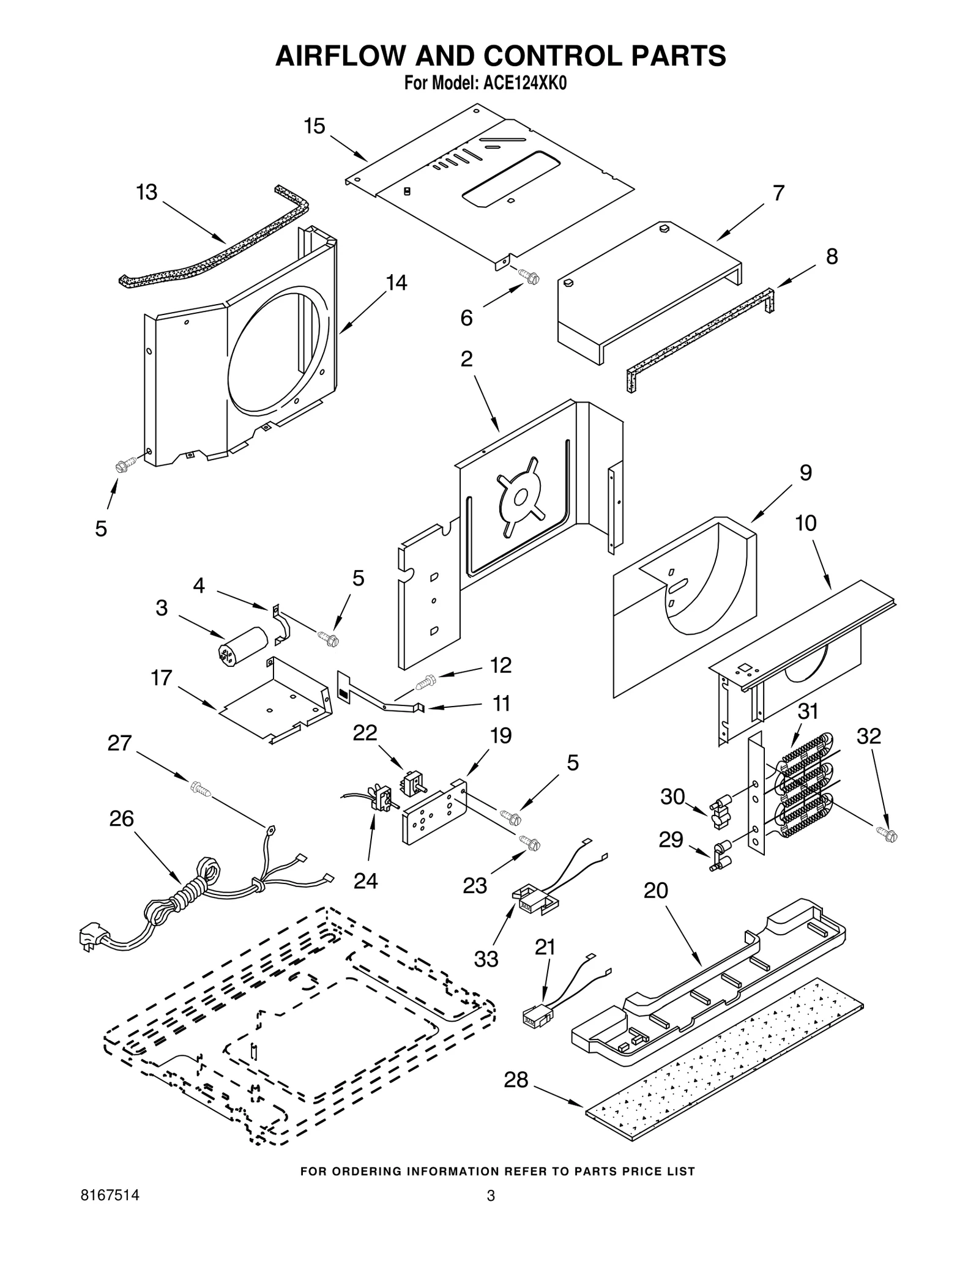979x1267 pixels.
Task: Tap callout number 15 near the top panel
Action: point(315,127)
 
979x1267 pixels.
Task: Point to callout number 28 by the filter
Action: point(516,1080)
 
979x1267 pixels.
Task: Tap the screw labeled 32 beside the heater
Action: point(887,833)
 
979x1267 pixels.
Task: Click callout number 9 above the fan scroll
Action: point(806,472)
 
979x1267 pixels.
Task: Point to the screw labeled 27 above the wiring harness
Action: point(199,788)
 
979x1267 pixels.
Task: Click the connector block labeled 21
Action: point(536,1016)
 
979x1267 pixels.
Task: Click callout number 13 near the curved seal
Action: point(147,192)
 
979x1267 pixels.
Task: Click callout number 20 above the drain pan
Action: point(656,890)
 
